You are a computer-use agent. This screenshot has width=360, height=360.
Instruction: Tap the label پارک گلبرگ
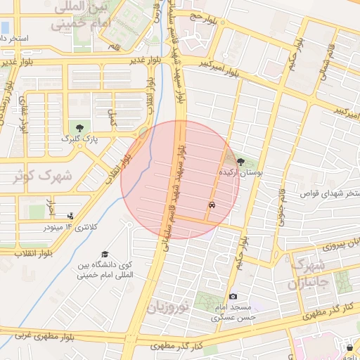[78, 140]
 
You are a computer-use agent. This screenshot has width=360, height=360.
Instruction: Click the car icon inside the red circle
[212, 205]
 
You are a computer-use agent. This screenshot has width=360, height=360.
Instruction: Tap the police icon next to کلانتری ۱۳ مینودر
[70, 217]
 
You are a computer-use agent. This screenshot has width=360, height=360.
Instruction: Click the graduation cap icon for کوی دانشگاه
[104, 254]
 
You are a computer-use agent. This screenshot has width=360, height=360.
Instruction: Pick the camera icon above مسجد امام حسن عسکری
[233, 297]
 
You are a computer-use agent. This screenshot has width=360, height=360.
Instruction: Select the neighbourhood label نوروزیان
[169, 307]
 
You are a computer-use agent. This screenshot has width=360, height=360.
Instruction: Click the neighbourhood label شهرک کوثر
[42, 176]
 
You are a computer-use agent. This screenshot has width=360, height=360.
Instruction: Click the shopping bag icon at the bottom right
[350, 348]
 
